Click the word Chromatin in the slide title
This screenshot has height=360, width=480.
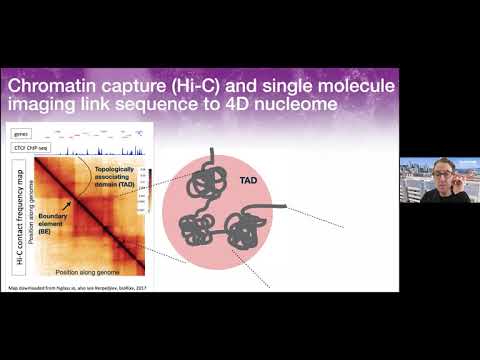click(56, 86)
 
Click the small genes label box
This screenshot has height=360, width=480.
click(21, 132)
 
